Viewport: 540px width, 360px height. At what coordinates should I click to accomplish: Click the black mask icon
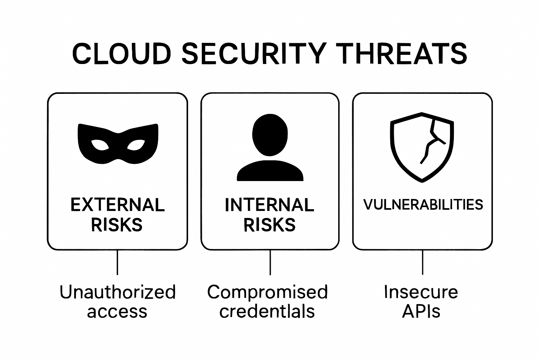click(x=118, y=144)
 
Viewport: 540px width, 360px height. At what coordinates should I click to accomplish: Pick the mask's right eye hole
click(x=136, y=145)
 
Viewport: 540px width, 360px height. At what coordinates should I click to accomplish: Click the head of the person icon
click(x=270, y=134)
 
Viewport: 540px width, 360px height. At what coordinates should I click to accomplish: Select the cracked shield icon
click(x=422, y=147)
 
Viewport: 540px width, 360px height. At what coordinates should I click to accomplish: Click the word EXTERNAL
click(x=117, y=205)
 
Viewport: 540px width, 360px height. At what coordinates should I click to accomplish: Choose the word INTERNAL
click(x=269, y=205)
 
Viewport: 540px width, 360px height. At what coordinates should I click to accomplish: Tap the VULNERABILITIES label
click(x=423, y=204)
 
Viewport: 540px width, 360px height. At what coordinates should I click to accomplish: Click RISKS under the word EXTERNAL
click(x=117, y=225)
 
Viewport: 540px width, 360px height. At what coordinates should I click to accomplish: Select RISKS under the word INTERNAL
click(x=269, y=225)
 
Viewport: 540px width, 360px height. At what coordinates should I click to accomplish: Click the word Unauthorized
click(x=117, y=292)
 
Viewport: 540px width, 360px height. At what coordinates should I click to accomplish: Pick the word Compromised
click(x=268, y=292)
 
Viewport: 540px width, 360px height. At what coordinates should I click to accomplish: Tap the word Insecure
click(x=421, y=292)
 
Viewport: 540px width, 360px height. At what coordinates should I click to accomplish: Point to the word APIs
click(x=421, y=311)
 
